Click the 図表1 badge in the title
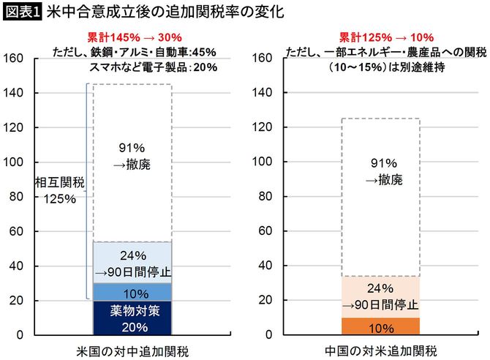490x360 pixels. (22, 12)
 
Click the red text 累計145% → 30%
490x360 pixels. (131, 37)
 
